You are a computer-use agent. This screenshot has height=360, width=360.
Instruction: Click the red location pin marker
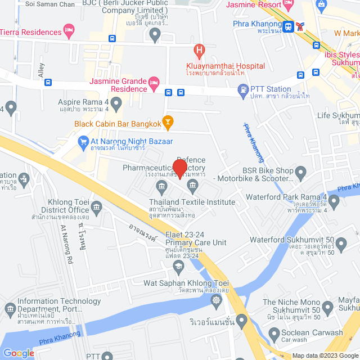pos(179,168)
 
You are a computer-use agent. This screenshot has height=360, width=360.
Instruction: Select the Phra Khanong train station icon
pos(288,26)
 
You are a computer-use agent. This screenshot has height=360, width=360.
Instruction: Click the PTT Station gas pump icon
pos(242,89)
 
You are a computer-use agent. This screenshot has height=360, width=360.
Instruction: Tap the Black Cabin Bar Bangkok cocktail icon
pos(167,120)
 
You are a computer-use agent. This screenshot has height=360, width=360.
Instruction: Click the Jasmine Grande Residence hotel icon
pos(154,84)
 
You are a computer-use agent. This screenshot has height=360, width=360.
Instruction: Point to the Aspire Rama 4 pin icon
pos(116,103)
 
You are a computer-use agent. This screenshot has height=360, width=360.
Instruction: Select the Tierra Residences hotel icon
pos(69,29)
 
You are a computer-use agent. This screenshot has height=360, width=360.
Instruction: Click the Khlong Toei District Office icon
pos(96,210)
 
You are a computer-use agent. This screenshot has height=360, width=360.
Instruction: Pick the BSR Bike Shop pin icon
pos(300,171)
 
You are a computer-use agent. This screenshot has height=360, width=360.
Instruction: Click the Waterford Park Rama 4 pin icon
pos(334,201)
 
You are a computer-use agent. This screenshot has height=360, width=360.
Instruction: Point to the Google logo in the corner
pos(19,353)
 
